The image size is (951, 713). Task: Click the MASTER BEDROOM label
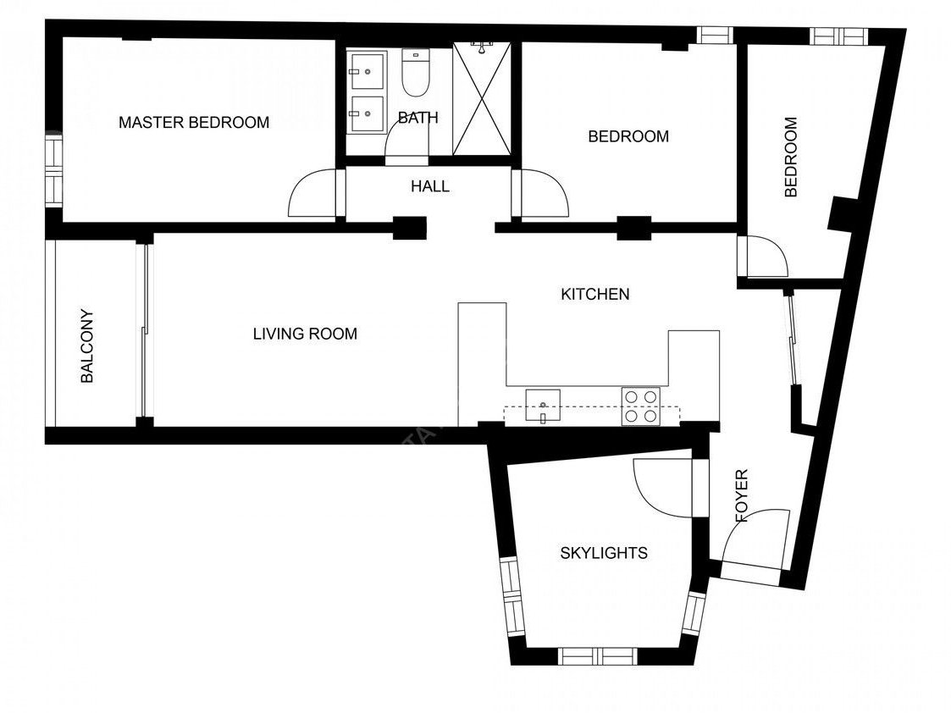click(194, 123)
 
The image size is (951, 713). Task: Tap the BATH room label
click(418, 118)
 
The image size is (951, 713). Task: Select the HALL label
click(430, 186)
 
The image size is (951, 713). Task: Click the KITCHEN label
click(595, 295)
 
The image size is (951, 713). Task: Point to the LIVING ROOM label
click(305, 334)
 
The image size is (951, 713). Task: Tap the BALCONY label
click(87, 347)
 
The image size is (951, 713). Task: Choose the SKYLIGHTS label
click(604, 553)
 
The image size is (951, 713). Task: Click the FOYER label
click(741, 496)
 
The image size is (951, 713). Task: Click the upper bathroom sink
click(367, 71)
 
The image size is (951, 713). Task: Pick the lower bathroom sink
click(367, 114)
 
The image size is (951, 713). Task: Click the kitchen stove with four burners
click(641, 406)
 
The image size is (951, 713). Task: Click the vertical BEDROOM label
click(791, 157)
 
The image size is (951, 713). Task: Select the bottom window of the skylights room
click(597, 656)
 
